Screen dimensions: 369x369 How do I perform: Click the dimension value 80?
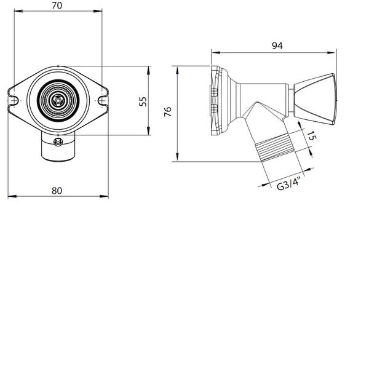pos(57,191)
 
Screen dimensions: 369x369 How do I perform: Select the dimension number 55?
pos(143,101)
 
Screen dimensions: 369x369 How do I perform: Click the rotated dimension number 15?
pos(312,137)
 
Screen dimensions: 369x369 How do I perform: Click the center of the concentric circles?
pos(57,100)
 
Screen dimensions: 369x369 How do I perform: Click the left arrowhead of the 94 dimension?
pos(213,52)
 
